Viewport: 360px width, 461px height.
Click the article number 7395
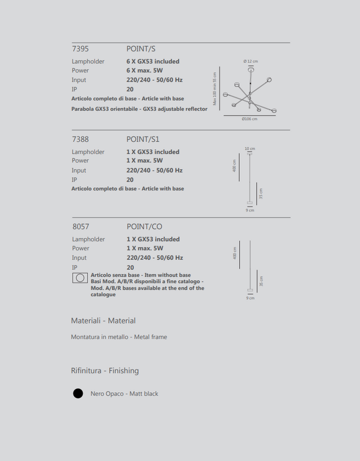(x=80, y=49)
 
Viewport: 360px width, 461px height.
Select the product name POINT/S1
(x=143, y=139)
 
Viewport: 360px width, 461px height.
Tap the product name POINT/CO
(x=145, y=227)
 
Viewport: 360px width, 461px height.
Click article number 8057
(x=81, y=227)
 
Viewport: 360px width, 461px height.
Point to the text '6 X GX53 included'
(x=153, y=62)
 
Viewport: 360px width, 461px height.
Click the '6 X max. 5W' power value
(x=145, y=70)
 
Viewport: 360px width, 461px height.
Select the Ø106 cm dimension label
(x=250, y=119)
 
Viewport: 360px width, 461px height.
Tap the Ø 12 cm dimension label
(x=251, y=61)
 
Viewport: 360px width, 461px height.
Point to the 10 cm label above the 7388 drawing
(x=250, y=148)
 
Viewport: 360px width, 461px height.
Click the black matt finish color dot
(x=78, y=393)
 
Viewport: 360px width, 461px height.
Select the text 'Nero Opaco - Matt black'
(x=124, y=393)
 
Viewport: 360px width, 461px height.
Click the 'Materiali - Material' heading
(x=103, y=321)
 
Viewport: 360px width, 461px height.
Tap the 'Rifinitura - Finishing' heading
(x=105, y=371)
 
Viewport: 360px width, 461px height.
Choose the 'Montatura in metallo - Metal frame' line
(x=119, y=337)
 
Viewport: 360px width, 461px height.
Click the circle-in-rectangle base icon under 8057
(x=80, y=278)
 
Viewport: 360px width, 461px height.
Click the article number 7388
(x=80, y=139)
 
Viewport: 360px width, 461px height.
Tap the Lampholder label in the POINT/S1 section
(x=88, y=152)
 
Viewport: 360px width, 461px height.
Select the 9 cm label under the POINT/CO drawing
(x=250, y=298)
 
